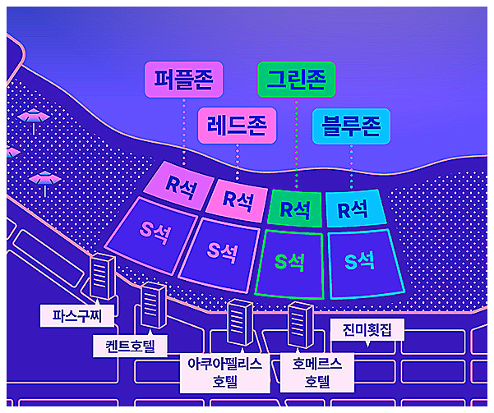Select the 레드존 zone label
pyautogui.click(x=238, y=126)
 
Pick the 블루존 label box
pyautogui.click(x=351, y=126)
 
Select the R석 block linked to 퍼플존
pyautogui.click(x=177, y=184)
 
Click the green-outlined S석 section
pyautogui.click(x=289, y=262)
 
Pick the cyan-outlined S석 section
pyautogui.click(x=362, y=261)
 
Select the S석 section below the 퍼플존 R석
pyautogui.click(x=153, y=235)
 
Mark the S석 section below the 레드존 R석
pyautogui.click(x=220, y=250)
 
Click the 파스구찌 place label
pyautogui.click(x=74, y=314)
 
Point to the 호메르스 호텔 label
pyautogui.click(x=316, y=371)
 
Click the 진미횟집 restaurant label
pyautogui.click(x=367, y=330)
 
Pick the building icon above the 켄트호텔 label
pyautogui.click(x=153, y=306)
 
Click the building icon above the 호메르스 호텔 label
pyautogui.click(x=298, y=325)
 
